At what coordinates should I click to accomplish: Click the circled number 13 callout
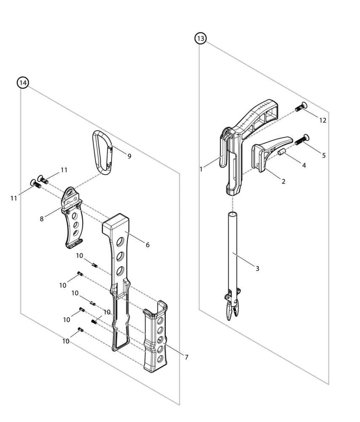201,39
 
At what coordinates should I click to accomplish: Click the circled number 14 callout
22,83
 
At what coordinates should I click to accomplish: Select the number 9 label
129,156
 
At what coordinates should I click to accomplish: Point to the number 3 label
257,268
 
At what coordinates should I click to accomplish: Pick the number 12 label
322,120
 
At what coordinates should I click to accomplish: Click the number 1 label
201,169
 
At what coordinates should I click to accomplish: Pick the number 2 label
283,181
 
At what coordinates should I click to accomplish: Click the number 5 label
324,155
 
